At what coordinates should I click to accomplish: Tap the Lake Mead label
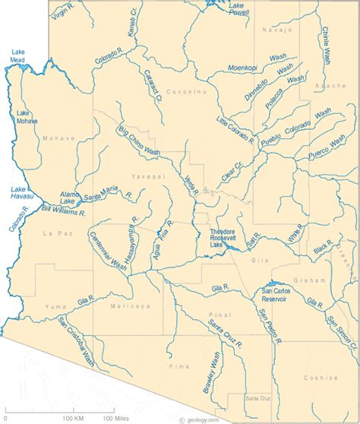pyautogui.click(x=17, y=56)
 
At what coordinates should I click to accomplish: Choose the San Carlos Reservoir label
pyautogui.click(x=275, y=295)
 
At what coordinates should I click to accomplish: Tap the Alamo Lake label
pyautogui.click(x=69, y=198)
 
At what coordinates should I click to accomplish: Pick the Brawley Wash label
pyautogui.click(x=211, y=372)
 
